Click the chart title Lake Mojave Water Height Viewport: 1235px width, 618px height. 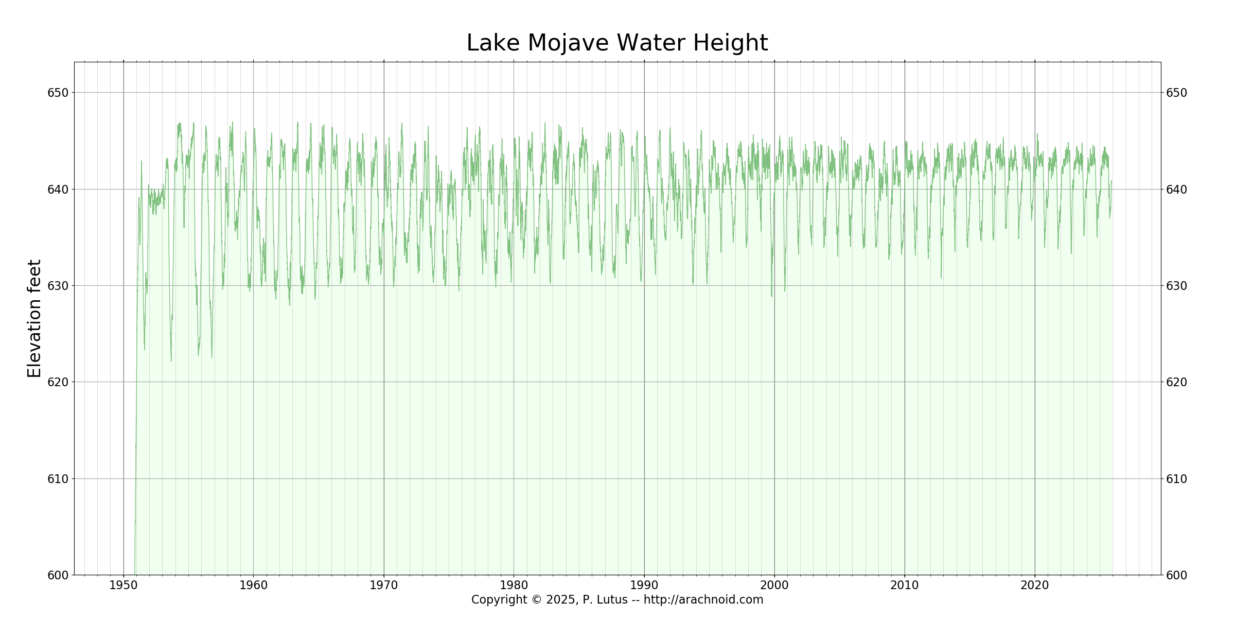(x=617, y=43)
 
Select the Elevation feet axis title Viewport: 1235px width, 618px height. (x=34, y=318)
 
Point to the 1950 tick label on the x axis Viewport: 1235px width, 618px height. (x=123, y=585)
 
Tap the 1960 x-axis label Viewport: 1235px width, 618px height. (x=254, y=585)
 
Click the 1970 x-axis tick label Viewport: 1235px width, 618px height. (x=384, y=585)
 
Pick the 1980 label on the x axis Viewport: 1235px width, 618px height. (x=514, y=585)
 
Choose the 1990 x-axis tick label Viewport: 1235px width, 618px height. (x=644, y=585)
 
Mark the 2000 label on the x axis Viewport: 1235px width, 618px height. (x=774, y=585)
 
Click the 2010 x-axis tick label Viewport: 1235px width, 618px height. (x=905, y=585)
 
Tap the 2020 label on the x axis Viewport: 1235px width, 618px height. (x=1035, y=585)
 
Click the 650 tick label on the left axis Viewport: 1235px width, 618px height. (x=58, y=93)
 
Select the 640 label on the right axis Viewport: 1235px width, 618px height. (x=1176, y=190)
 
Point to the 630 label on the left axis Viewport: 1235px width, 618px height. (x=58, y=286)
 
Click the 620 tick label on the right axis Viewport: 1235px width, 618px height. (x=1176, y=382)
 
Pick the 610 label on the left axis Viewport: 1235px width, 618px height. (x=58, y=479)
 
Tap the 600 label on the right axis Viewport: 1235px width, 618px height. (x=1176, y=575)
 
